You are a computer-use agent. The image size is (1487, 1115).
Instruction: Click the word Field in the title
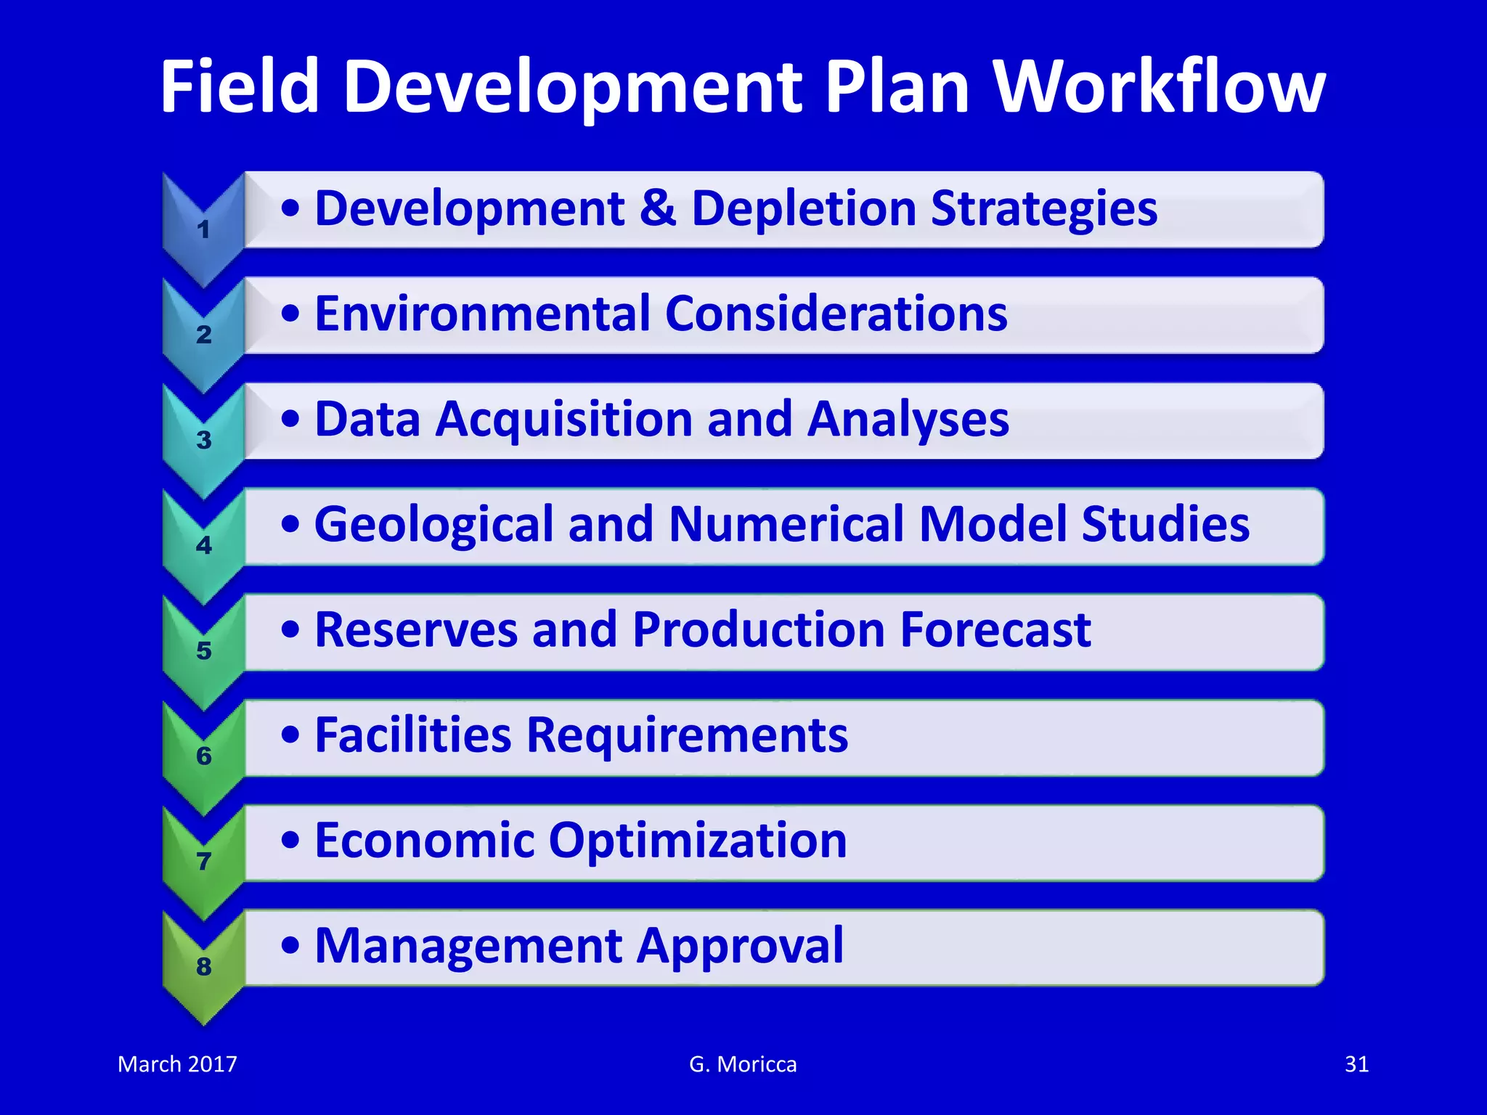pos(240,87)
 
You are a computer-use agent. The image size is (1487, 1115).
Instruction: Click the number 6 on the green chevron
pos(204,756)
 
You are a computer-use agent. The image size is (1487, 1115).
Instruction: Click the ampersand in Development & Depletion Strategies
pos(658,209)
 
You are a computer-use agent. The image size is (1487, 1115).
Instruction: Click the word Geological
pos(433,525)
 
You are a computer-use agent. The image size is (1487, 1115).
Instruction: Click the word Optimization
pos(697,841)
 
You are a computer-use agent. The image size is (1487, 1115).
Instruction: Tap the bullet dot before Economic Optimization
pos(290,841)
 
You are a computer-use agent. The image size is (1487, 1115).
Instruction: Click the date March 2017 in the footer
pos(177,1064)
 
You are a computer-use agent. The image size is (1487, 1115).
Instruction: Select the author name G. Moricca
pos(743,1064)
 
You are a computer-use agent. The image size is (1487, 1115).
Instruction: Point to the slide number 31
pos(1356,1064)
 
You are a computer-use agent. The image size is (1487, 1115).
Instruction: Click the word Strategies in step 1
pos(1044,209)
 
